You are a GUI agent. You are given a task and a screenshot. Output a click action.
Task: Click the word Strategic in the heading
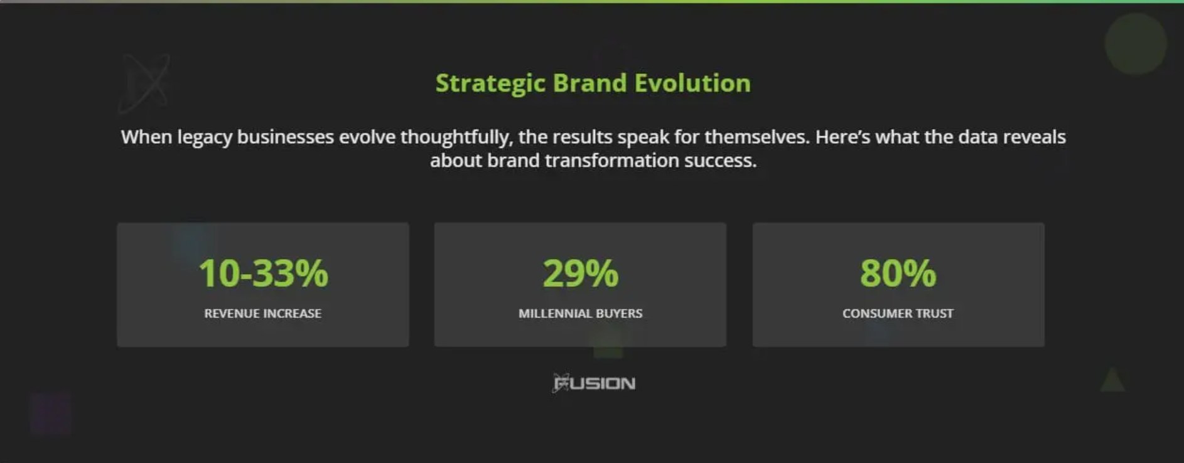tap(490, 83)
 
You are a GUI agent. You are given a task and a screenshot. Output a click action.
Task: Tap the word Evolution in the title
tap(692, 83)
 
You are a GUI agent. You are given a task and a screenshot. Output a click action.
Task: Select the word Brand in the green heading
tap(589, 83)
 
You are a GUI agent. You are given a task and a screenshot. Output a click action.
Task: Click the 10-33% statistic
tap(263, 274)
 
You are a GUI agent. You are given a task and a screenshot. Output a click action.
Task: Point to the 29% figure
tap(581, 274)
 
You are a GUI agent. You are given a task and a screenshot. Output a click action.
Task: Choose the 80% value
tap(898, 274)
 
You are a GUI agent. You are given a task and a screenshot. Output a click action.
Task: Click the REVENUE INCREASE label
tap(262, 313)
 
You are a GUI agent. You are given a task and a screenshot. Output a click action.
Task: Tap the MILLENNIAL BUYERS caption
tap(581, 313)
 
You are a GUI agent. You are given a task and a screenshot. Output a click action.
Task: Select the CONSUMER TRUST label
tap(898, 313)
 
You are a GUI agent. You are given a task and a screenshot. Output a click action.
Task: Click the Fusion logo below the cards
tap(594, 383)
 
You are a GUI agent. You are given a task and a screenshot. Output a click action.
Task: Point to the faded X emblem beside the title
tap(145, 83)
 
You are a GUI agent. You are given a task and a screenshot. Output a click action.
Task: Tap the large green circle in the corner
tap(1135, 44)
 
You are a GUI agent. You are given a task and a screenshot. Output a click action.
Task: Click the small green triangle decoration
tap(1112, 380)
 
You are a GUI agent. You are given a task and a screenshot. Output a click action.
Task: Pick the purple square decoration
tap(50, 413)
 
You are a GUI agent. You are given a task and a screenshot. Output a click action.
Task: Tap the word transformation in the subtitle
tap(612, 161)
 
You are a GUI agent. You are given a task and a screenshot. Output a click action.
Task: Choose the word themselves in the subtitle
tap(756, 137)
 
